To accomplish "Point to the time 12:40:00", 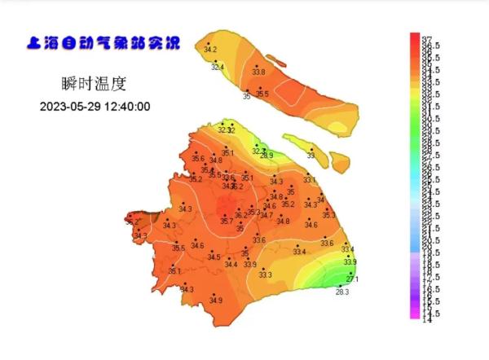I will (x=126, y=107).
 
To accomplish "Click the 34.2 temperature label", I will (x=210, y=50).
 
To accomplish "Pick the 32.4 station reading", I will (x=218, y=67).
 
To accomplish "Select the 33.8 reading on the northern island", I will (x=258, y=72).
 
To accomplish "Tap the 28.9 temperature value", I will (x=267, y=156).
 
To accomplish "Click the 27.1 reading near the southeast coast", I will (x=353, y=279).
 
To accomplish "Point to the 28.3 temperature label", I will (x=342, y=292).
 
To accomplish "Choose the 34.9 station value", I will (x=215, y=301).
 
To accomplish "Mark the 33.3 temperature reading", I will (x=265, y=275).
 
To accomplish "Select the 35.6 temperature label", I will (x=198, y=158).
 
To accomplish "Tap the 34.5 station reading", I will (x=214, y=257).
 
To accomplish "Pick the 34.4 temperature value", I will (x=231, y=264).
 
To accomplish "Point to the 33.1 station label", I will (x=309, y=180).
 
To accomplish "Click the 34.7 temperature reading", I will (x=267, y=215).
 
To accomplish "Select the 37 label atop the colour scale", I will (x=426, y=38).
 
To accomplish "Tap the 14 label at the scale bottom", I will (x=426, y=319).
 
